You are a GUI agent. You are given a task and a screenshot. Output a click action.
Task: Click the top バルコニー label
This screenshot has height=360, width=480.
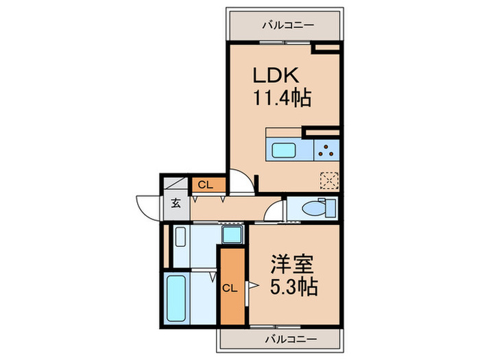click(x=288, y=25)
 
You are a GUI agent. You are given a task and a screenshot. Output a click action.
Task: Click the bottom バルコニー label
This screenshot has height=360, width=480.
click(x=288, y=339)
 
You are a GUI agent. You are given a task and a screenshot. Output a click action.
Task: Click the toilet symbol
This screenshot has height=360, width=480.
click(x=316, y=206)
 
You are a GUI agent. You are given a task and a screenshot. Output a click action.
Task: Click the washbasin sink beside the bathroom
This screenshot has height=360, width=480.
click(x=180, y=237)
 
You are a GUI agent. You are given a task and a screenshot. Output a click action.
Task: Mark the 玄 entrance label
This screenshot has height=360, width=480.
click(x=176, y=203)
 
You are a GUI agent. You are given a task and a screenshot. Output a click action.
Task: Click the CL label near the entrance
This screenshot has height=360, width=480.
click(x=204, y=184)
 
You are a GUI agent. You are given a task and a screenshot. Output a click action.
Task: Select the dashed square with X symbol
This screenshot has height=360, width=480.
click(x=330, y=179)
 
